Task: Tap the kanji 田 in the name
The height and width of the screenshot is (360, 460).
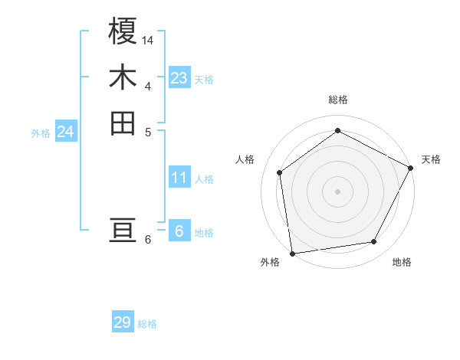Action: tap(123, 123)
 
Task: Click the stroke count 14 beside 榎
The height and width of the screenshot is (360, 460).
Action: tap(148, 39)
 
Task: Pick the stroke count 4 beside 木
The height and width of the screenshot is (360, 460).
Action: tap(148, 85)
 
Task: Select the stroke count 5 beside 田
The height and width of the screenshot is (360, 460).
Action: tap(148, 131)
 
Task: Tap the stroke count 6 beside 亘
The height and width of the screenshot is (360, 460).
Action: tap(148, 239)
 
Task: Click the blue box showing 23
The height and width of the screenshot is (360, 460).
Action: tap(179, 78)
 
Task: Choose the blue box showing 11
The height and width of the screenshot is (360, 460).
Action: tap(179, 178)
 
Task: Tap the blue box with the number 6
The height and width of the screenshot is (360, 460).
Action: tap(179, 231)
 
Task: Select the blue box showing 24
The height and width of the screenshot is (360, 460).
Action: tap(65, 132)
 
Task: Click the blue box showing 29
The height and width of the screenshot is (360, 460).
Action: tap(123, 322)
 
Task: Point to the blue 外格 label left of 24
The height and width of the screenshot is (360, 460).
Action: tap(41, 133)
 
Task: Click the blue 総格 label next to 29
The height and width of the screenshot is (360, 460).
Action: tap(147, 324)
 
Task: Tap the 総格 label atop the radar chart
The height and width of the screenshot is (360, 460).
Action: tap(337, 100)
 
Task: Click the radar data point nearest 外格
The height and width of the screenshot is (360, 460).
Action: tap(292, 253)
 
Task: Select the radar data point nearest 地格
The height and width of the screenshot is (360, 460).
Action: tap(374, 241)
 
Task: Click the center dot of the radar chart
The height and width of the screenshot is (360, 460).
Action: tap(337, 191)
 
